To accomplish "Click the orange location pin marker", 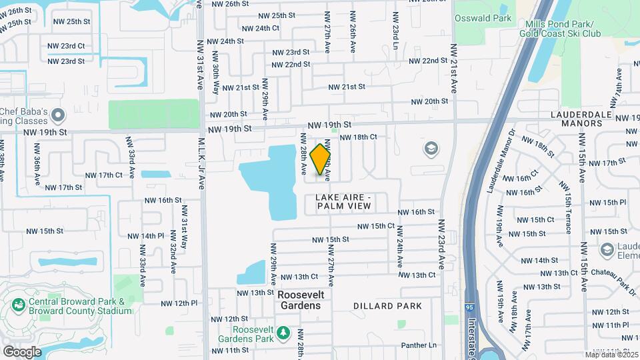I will pos(321,159).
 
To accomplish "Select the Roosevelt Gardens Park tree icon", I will pos(283,331).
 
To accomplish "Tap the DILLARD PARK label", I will pos(387,306).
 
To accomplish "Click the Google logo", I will pos(22,351).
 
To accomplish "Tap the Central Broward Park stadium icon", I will pos(18,305).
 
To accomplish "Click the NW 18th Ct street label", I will pos(359,137).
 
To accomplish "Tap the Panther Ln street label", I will pos(419,345).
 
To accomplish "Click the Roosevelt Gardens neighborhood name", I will pos(299,300).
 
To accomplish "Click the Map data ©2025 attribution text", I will pos(611,355).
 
